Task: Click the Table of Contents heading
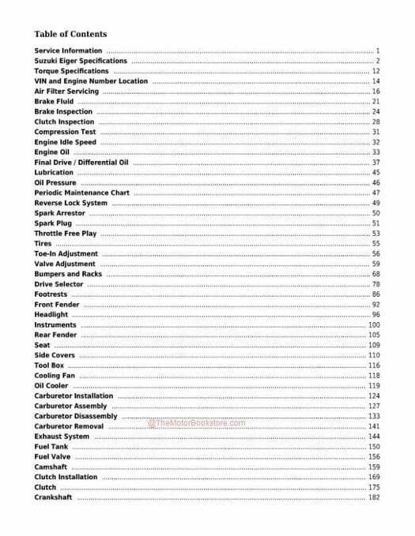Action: [x=70, y=34]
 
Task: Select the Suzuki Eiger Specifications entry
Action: [x=81, y=61]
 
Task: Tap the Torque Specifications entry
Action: [x=72, y=71]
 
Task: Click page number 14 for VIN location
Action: [x=376, y=81]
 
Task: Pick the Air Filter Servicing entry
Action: [x=66, y=92]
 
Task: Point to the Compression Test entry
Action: [x=66, y=132]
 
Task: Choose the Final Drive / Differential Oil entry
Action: [x=81, y=163]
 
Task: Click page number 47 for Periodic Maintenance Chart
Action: [x=376, y=193]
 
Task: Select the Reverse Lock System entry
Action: [x=71, y=203]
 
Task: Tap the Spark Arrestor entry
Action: [x=60, y=213]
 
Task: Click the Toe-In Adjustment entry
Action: [x=66, y=254]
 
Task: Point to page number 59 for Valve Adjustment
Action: [x=376, y=264]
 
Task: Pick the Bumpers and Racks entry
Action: [x=68, y=274]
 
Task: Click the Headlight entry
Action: [x=51, y=315]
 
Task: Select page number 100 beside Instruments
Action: [x=374, y=324]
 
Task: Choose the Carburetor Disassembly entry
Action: [x=76, y=416]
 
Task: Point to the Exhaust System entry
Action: [x=62, y=437]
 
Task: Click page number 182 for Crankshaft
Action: [x=374, y=497]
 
